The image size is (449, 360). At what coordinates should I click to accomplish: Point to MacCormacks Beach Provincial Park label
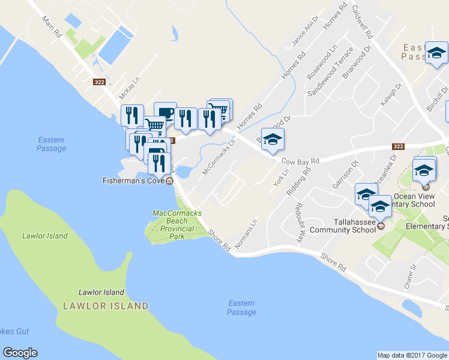coord(177,224)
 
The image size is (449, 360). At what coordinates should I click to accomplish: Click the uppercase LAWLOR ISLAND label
coord(106,306)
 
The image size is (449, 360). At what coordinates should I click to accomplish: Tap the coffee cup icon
coord(165,113)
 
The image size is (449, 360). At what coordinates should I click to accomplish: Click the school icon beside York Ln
coord(273,140)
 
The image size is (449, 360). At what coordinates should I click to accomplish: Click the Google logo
coord(20,353)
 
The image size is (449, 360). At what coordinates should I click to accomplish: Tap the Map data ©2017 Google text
coord(412,355)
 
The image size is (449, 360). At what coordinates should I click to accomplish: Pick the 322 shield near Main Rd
coord(100,82)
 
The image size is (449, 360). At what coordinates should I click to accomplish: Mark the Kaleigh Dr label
coord(389,95)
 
